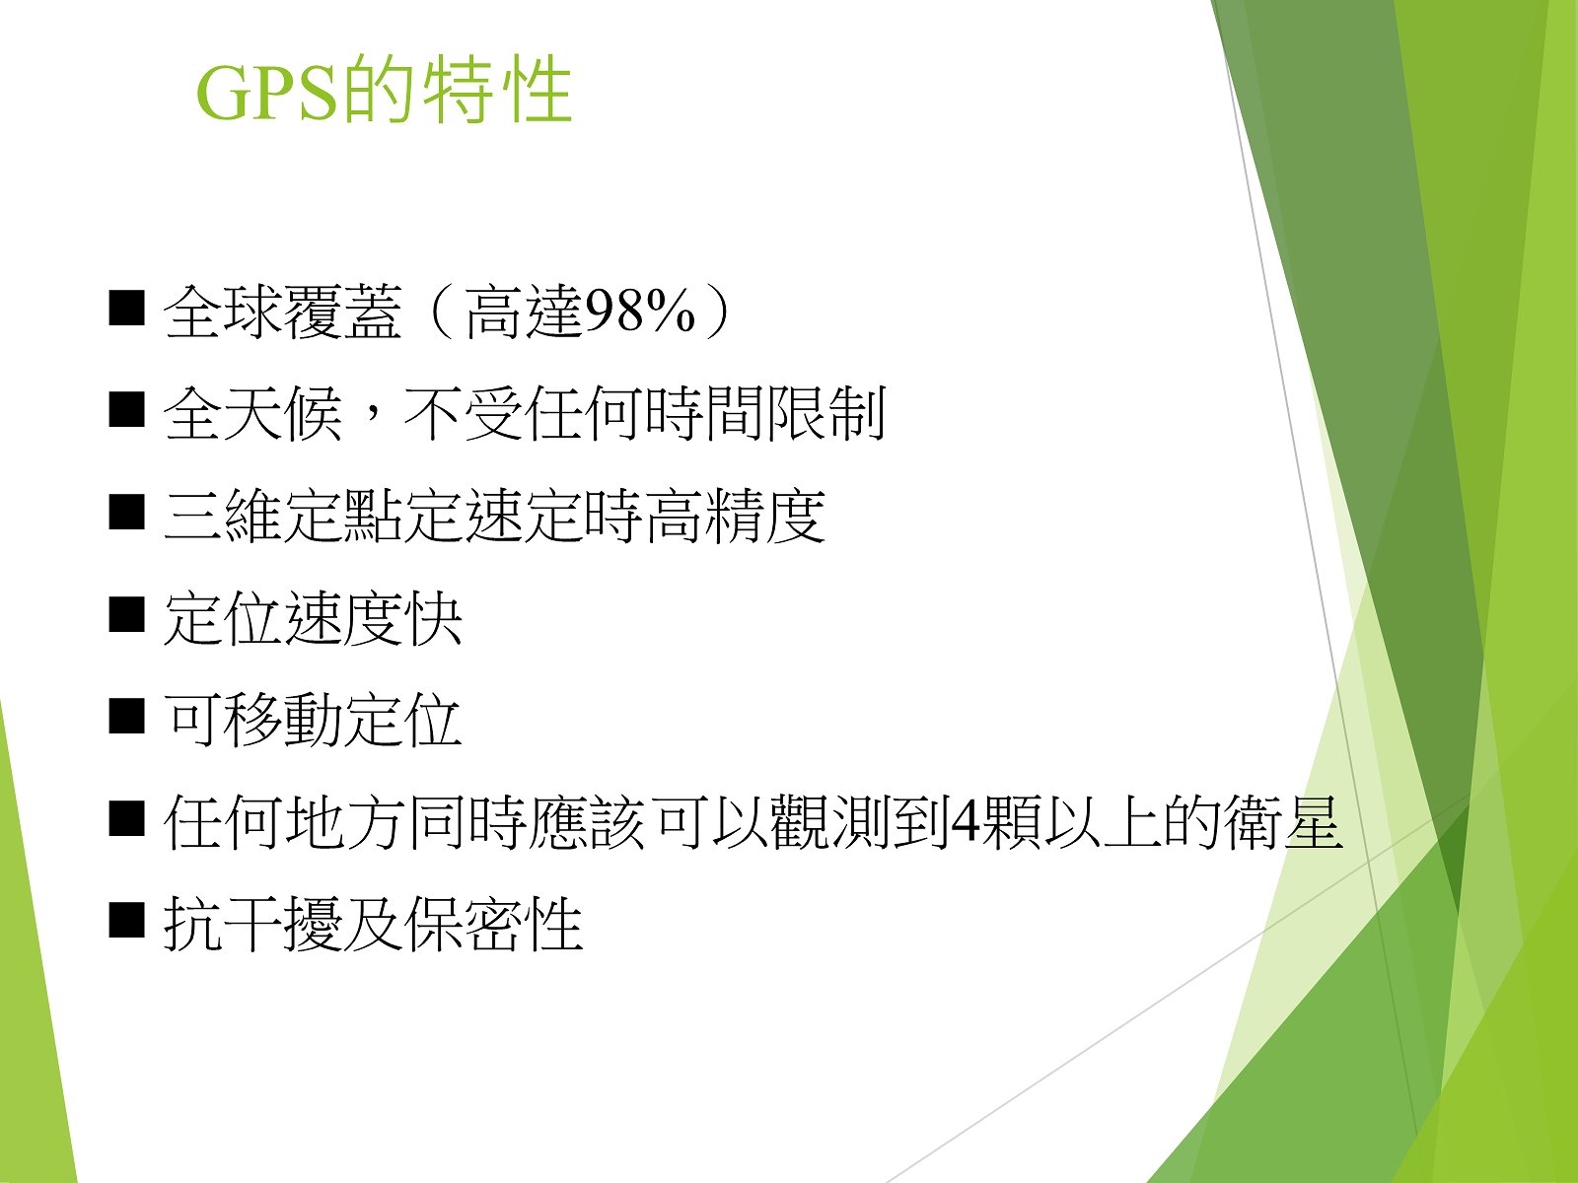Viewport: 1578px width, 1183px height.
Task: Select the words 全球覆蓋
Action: [x=282, y=312]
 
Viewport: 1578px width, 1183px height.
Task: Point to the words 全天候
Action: [x=252, y=414]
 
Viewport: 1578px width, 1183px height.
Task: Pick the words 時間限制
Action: [x=765, y=414]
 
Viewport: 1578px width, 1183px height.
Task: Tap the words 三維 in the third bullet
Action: [x=223, y=516]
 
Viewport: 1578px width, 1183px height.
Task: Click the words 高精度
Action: [x=735, y=516]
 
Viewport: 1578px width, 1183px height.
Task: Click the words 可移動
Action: [x=252, y=721]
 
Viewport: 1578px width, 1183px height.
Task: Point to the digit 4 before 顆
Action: [x=964, y=823]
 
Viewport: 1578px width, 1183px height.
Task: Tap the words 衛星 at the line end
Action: [x=1283, y=823]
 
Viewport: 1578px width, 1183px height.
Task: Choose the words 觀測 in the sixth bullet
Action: [x=829, y=823]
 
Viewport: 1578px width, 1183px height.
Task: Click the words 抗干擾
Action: [x=252, y=925]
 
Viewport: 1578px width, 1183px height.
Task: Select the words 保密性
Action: [x=493, y=925]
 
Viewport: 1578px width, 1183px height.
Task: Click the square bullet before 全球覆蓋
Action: [x=126, y=309]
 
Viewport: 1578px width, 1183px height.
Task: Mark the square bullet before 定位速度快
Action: [x=126, y=615]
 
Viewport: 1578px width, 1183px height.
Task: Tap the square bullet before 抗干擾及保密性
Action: [x=126, y=922]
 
